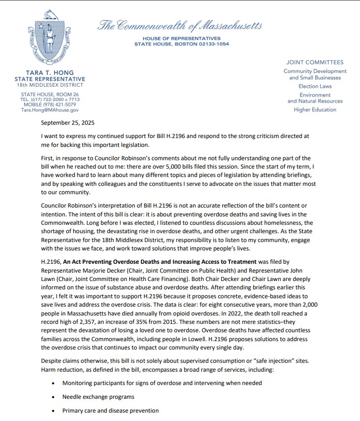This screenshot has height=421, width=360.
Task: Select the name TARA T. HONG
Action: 49,73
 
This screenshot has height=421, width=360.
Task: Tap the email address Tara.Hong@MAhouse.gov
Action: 49,110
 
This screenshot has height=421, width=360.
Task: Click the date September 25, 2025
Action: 68,123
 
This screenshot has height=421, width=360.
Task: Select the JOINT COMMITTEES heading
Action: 315,63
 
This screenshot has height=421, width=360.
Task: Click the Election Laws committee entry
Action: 315,86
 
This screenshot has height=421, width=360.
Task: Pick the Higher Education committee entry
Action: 315,109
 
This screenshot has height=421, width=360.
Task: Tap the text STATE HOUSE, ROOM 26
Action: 49,94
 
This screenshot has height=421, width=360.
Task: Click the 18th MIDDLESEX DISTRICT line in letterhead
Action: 49,85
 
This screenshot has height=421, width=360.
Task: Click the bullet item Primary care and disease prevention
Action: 110,410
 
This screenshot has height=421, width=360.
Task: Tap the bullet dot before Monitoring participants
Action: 53,383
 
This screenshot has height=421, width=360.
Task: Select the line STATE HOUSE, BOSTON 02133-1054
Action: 181,44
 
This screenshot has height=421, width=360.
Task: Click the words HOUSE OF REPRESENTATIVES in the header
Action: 181,38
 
